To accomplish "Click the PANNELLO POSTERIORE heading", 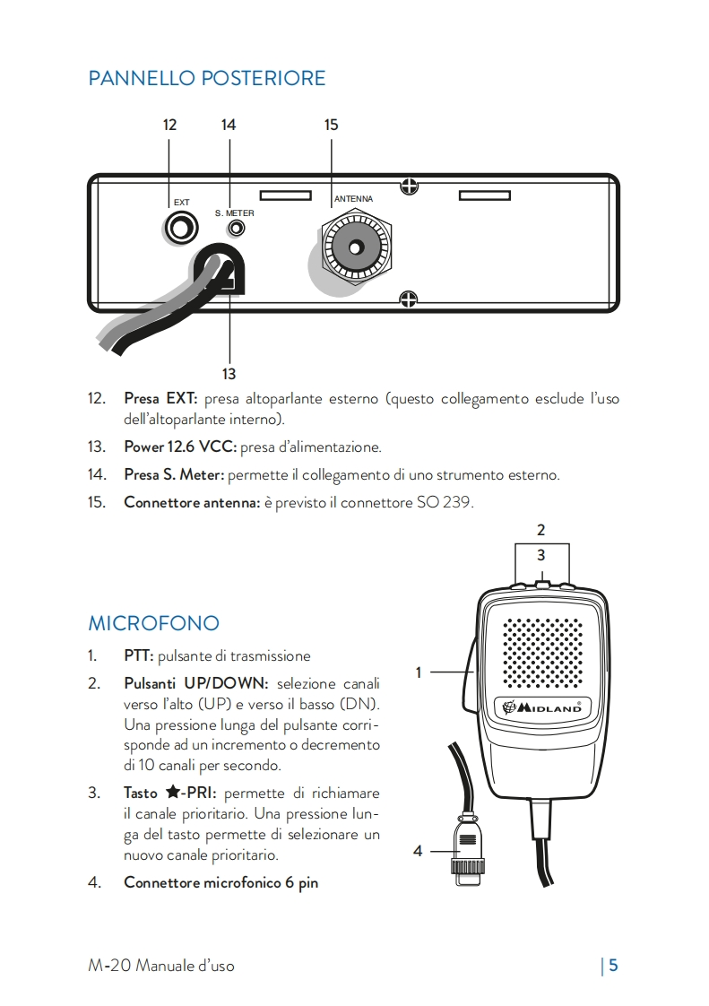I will tap(206, 79).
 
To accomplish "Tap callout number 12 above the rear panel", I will tap(169, 125).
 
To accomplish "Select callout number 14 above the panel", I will tap(229, 125).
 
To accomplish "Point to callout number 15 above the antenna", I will tap(332, 125).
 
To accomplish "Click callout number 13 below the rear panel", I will tap(229, 373).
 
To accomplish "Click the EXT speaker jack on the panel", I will tap(181, 228).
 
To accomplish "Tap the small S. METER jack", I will tap(236, 228).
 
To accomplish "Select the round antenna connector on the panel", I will tap(356, 247).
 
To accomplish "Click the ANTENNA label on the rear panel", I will tap(353, 198).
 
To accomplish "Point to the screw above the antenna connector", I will tap(409, 186).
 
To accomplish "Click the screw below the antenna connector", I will tap(408, 299).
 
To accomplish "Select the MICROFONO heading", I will tap(153, 622).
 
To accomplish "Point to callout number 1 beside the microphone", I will tap(418, 672).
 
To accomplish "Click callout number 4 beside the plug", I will tap(418, 851).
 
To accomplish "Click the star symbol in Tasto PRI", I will tap(174, 794).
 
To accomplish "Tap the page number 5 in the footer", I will tap(614, 966).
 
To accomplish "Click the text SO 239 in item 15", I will tap(445, 502).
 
